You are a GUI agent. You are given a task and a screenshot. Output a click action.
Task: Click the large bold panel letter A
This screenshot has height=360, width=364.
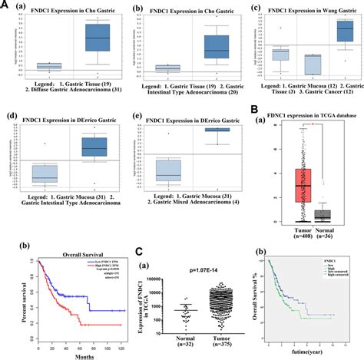tap(5, 6)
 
